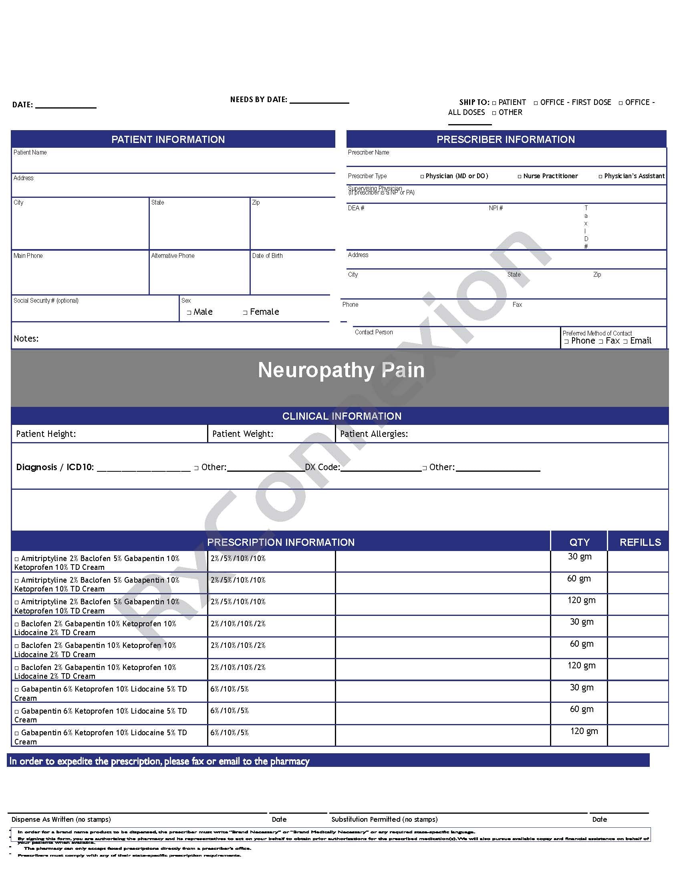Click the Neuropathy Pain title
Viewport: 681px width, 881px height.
341,370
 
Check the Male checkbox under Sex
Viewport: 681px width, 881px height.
189,313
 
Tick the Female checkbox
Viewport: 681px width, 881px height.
245,313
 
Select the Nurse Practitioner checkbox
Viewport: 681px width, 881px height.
520,177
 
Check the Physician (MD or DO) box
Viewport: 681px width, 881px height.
422,177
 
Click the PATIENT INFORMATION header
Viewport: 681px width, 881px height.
168,140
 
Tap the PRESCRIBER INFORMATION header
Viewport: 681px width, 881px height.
506,140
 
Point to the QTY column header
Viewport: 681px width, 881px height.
579,542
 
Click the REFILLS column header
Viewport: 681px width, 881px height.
640,542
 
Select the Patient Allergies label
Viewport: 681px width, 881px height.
374,434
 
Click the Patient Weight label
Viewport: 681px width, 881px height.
242,434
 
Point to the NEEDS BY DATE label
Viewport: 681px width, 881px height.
259,100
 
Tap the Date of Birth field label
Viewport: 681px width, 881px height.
267,256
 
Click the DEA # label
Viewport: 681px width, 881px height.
356,208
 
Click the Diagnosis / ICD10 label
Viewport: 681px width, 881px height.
55,467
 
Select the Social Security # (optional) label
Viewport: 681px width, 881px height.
46,300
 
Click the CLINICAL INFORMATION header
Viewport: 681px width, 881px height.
341,416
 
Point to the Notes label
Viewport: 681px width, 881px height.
26,339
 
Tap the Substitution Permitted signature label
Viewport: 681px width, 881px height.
384,819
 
